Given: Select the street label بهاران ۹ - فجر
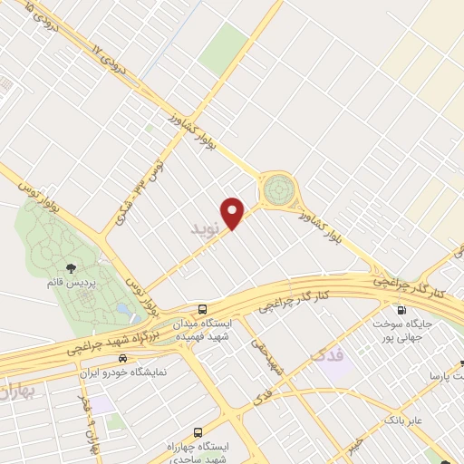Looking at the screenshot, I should (89, 424).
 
